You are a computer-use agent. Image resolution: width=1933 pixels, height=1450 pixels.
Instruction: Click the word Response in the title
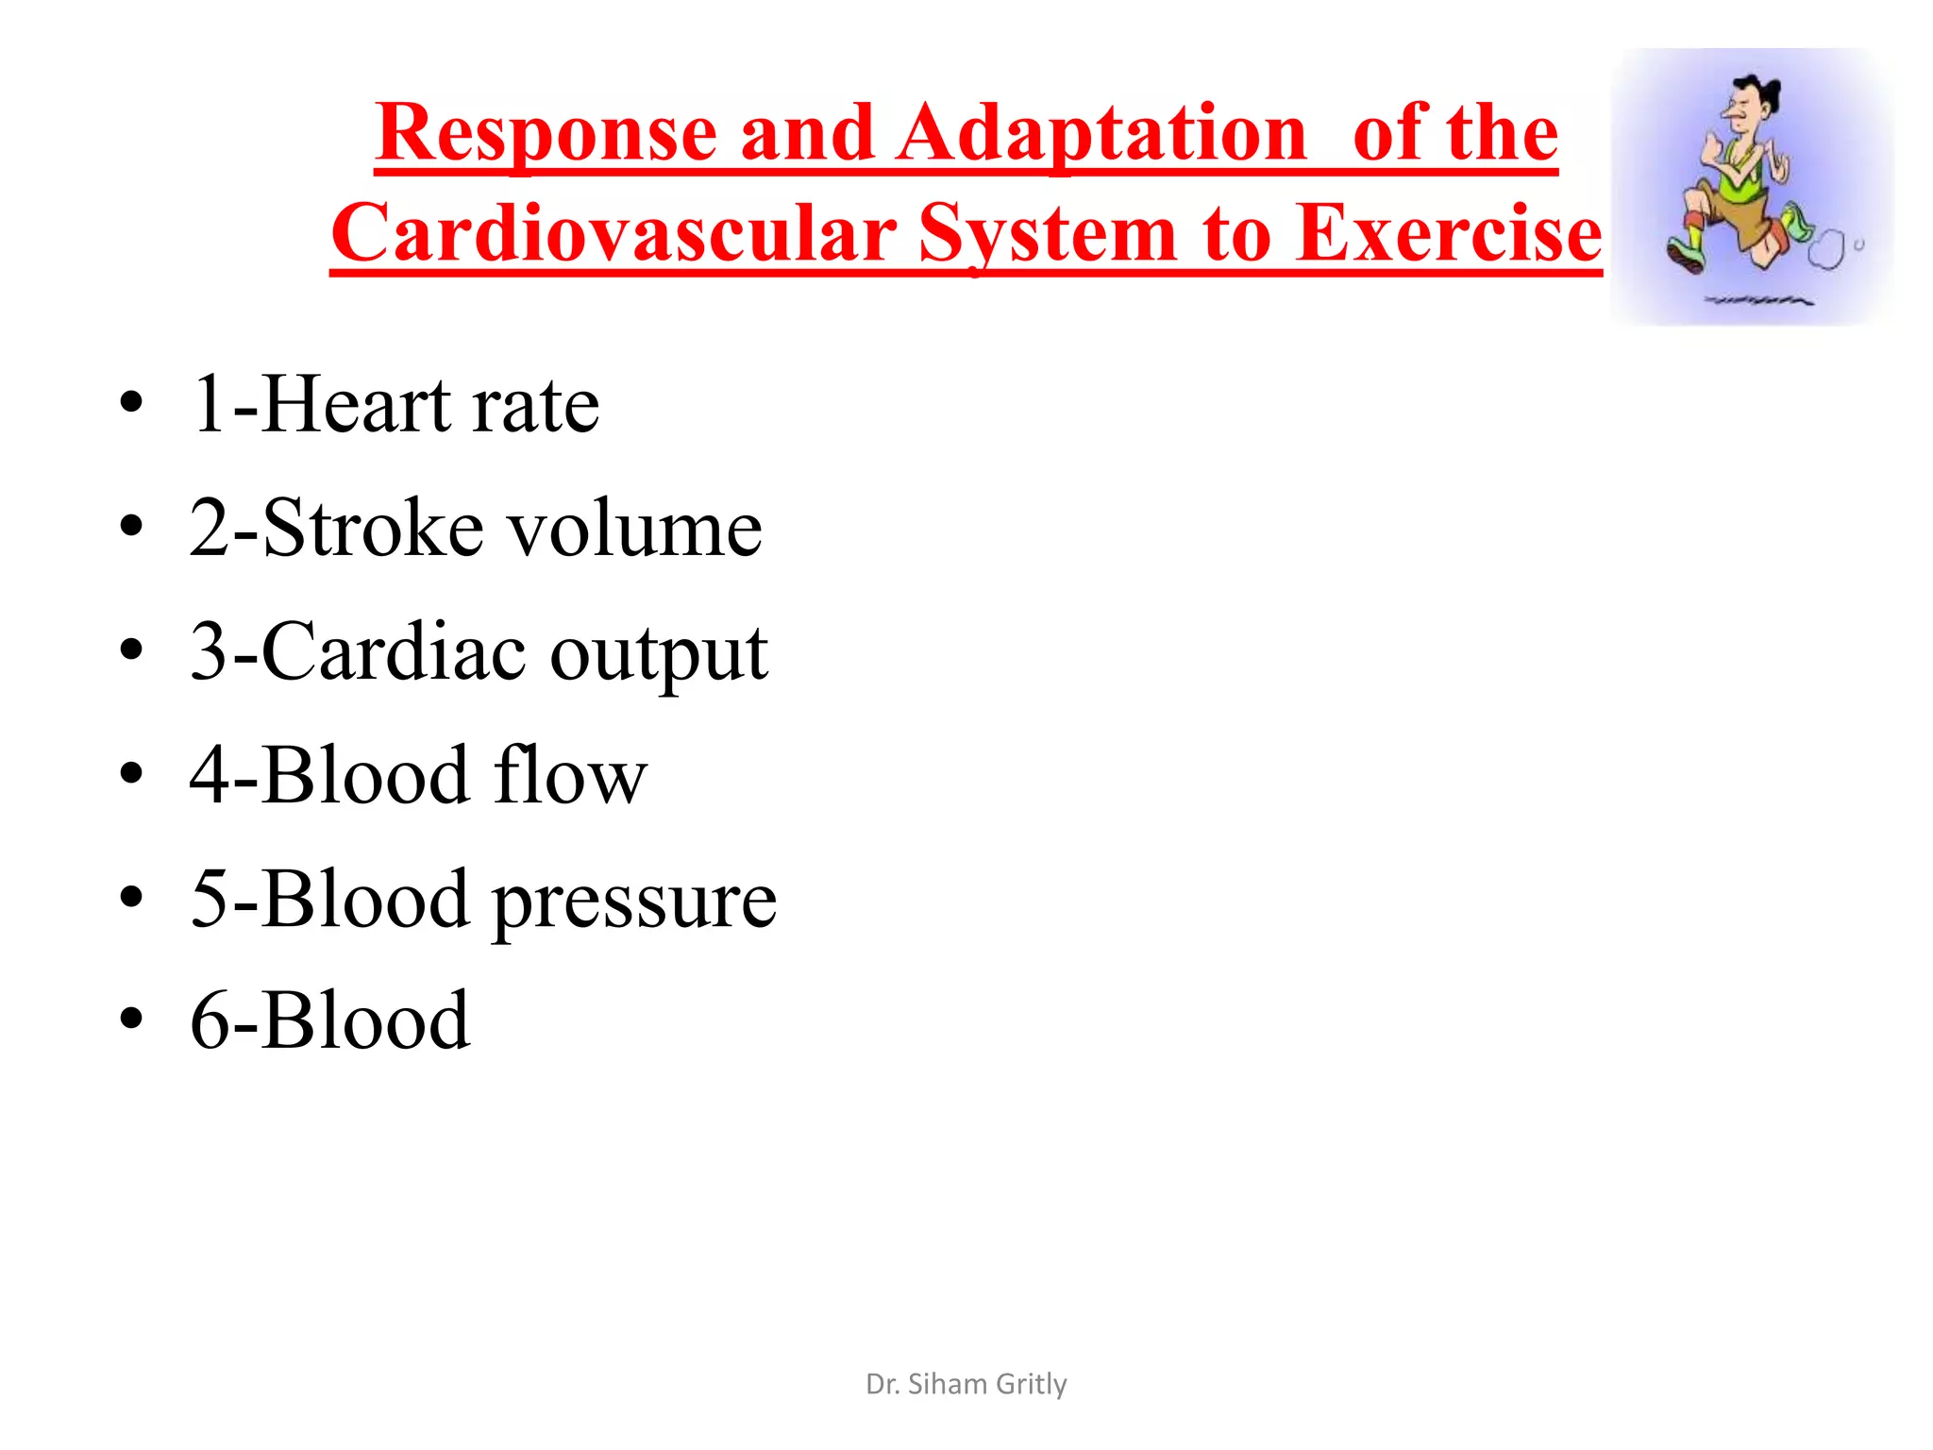pos(546,134)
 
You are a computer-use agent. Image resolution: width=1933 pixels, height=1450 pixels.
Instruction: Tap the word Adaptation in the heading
pos(1101,134)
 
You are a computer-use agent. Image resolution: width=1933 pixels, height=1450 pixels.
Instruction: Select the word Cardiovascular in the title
pos(614,234)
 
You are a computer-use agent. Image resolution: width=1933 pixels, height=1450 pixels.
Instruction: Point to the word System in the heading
pos(1048,234)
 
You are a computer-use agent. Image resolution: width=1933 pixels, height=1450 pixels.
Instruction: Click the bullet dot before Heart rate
pos(131,404)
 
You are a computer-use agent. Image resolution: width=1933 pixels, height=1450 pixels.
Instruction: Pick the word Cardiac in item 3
pos(394,652)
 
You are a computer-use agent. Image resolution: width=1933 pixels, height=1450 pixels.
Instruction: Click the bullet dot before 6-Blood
pos(131,1021)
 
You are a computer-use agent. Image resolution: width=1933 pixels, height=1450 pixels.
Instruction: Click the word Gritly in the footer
pos(1031,1385)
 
